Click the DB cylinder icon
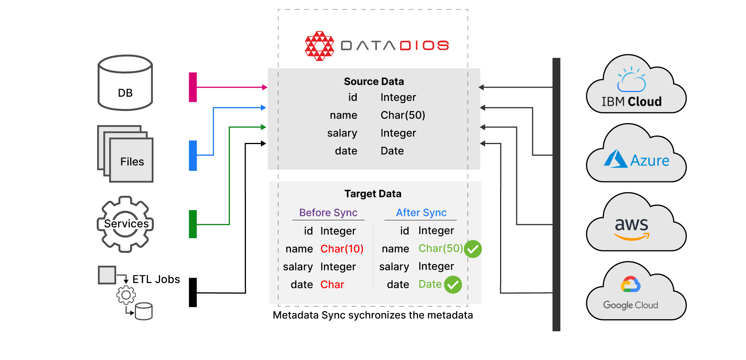tap(125, 82)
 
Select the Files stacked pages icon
tap(125, 154)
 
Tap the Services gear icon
tap(125, 224)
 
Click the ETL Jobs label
tap(156, 279)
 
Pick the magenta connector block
tap(193, 87)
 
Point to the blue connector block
tap(193, 155)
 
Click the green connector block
tap(193, 224)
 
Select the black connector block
tap(193, 292)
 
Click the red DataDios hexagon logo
tap(319, 46)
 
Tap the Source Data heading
tap(374, 82)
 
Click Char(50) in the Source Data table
tap(403, 115)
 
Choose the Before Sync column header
tap(328, 213)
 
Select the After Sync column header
tap(421, 213)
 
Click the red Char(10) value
tap(342, 249)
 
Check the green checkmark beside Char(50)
tap(473, 249)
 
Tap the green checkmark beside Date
tap(453, 285)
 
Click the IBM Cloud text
tap(631, 102)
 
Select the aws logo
tap(632, 228)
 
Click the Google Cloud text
tap(631, 305)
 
